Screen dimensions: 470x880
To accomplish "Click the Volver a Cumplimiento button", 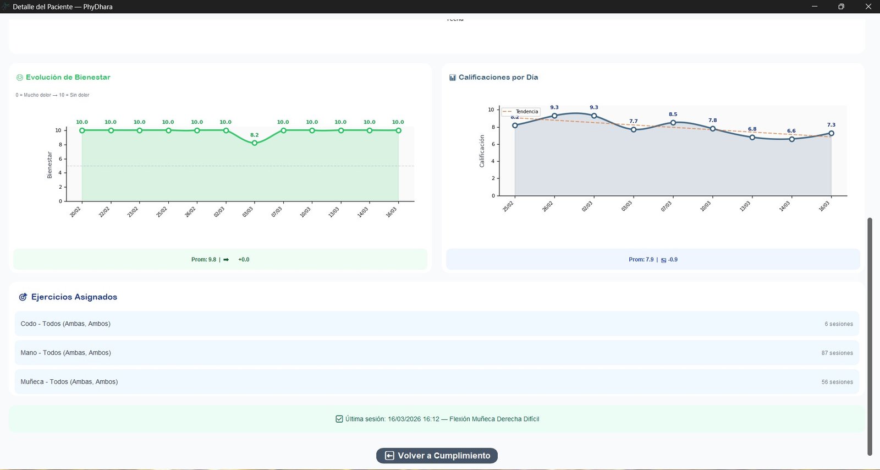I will pos(437,456).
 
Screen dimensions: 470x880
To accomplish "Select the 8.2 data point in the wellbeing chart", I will pos(254,143).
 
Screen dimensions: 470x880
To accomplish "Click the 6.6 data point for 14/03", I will pos(791,139).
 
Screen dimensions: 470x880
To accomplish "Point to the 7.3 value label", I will pos(831,125).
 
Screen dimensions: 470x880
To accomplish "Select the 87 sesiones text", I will pos(837,353).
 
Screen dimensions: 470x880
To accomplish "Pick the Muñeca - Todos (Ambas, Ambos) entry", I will pos(69,382).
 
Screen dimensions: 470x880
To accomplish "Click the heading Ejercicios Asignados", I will pos(74,297).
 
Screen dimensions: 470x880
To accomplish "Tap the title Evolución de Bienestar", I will pos(68,78).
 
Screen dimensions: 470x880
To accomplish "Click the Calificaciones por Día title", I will pos(498,78).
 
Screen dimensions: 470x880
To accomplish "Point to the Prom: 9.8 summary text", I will pos(204,260).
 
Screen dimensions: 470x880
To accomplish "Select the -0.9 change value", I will pos(673,260).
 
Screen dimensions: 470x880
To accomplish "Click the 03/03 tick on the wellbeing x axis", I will pos(248,212).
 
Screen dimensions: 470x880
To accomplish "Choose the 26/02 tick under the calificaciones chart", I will pos(548,206).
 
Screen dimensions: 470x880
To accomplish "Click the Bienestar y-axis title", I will pos(50,165).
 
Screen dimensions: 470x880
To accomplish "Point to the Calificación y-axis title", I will pos(482,151).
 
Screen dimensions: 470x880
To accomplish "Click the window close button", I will pos(868,7).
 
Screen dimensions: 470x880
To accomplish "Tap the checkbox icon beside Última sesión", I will pos(339,419).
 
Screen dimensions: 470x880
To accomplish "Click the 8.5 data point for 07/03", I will pos(673,123).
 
